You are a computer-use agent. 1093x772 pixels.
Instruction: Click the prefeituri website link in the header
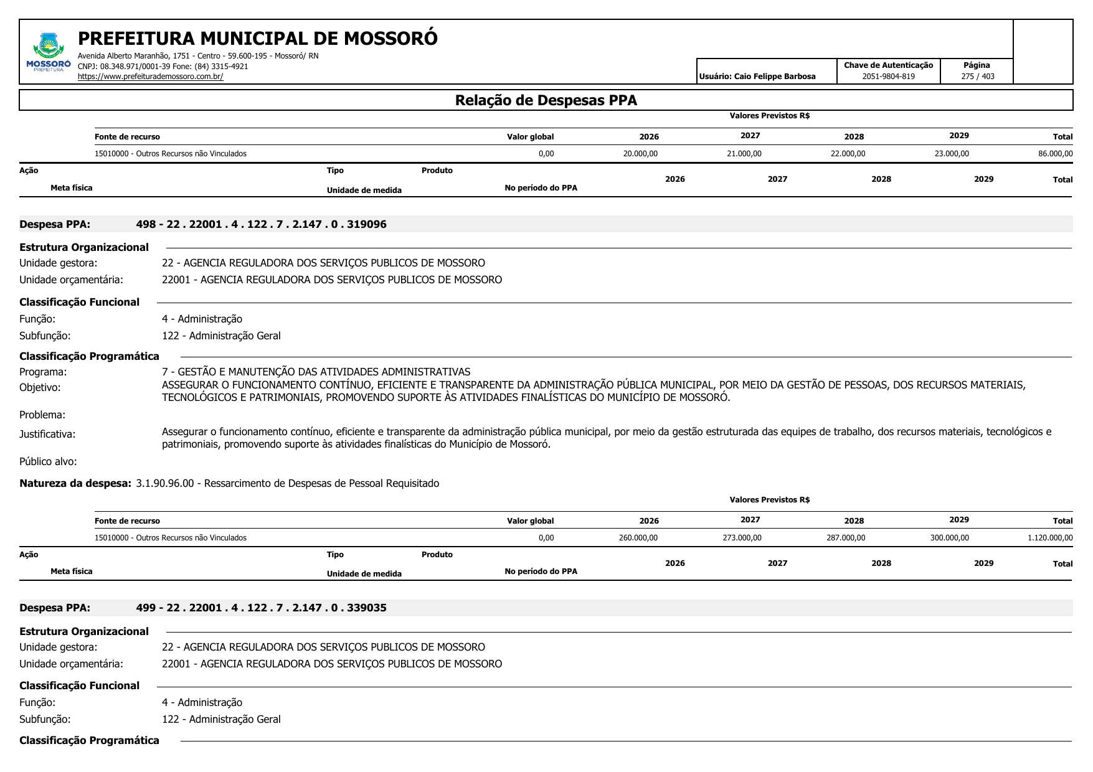click(x=150, y=77)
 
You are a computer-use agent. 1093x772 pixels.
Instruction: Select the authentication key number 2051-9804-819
click(x=888, y=77)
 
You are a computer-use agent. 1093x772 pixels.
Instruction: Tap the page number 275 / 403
click(x=977, y=77)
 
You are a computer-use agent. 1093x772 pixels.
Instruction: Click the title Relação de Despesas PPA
click(x=546, y=100)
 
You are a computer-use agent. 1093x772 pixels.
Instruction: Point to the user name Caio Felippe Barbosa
click(x=775, y=77)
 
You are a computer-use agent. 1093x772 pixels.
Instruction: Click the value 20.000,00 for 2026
click(x=640, y=154)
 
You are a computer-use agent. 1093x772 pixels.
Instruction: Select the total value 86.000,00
click(x=1055, y=154)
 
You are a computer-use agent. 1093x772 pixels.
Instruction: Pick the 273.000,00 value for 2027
click(x=742, y=538)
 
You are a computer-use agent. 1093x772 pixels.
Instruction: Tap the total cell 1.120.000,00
click(x=1050, y=538)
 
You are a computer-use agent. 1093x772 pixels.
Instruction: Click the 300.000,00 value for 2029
click(x=949, y=538)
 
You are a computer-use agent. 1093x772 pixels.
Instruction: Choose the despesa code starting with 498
click(x=261, y=224)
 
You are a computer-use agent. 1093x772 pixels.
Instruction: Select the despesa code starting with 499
click(x=261, y=608)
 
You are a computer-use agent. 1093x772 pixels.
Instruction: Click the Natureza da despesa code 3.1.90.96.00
click(x=165, y=483)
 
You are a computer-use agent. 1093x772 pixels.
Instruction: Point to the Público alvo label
click(x=48, y=461)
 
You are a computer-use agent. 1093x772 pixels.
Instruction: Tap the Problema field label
click(x=42, y=415)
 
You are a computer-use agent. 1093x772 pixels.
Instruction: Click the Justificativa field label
click(x=47, y=434)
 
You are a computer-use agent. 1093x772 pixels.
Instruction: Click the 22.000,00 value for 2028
click(x=848, y=154)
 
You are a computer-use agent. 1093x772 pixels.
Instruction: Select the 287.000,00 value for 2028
click(x=846, y=538)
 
